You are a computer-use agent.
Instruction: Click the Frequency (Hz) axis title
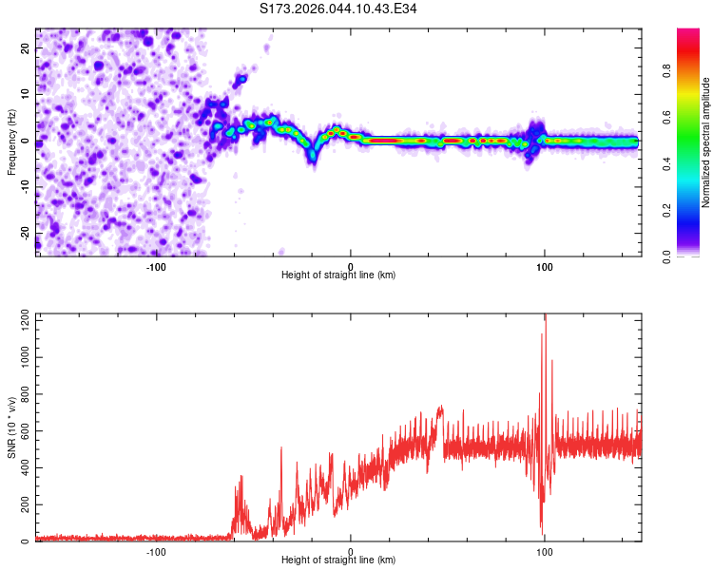11,142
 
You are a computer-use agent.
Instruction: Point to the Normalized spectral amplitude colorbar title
706,142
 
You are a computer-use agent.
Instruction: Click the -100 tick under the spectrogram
156,266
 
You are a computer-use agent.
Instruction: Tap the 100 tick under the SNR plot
545,551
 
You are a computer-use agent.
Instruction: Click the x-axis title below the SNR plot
338,560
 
